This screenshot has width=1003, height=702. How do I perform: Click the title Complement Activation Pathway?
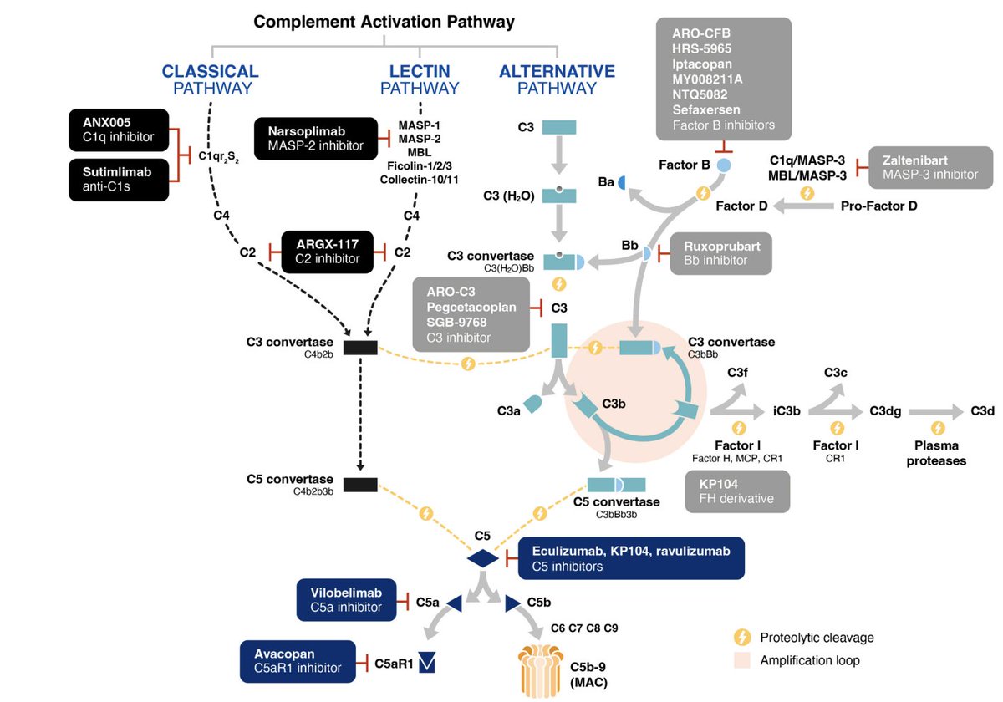click(384, 22)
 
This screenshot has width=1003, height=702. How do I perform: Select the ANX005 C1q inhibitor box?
click(118, 130)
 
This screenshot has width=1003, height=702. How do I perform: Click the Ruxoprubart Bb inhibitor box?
click(721, 253)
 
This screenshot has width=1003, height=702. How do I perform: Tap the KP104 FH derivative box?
click(736, 491)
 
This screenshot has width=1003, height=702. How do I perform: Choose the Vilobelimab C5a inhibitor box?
click(346, 600)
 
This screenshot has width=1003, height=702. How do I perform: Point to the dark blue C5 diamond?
click(482, 558)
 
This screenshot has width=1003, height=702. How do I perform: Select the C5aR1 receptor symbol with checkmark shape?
click(428, 664)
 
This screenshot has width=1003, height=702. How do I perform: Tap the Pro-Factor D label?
click(878, 205)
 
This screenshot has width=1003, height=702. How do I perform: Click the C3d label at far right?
click(982, 410)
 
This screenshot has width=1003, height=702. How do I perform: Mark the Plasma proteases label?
click(936, 454)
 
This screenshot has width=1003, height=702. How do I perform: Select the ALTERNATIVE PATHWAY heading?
click(557, 79)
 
